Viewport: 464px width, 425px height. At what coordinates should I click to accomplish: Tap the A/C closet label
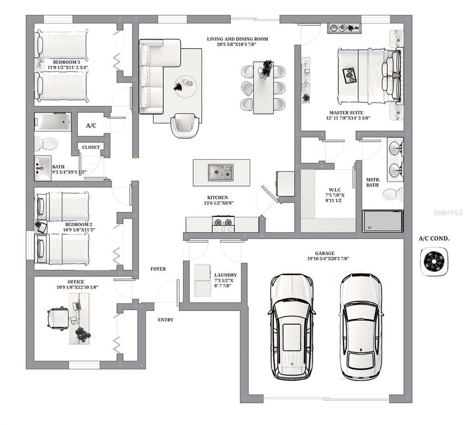[x=91, y=126]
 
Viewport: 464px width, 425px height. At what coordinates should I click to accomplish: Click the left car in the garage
[x=293, y=326]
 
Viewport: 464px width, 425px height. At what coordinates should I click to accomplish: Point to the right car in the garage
[x=361, y=326]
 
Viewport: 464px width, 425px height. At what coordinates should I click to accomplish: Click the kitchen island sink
[x=220, y=173]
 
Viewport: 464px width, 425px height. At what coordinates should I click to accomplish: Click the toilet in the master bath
[x=394, y=194]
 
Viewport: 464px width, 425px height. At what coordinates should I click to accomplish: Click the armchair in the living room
[x=185, y=125]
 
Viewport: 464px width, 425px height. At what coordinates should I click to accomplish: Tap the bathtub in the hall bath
[x=53, y=121]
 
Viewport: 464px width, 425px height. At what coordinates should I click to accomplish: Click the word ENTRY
[x=165, y=320]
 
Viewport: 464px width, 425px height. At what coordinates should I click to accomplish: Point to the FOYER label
[x=158, y=269]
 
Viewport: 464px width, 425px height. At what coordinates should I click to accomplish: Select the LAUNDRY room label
[x=226, y=275]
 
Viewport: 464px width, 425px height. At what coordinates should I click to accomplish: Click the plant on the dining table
[x=267, y=68]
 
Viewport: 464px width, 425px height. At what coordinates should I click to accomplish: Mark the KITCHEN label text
[x=217, y=198]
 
